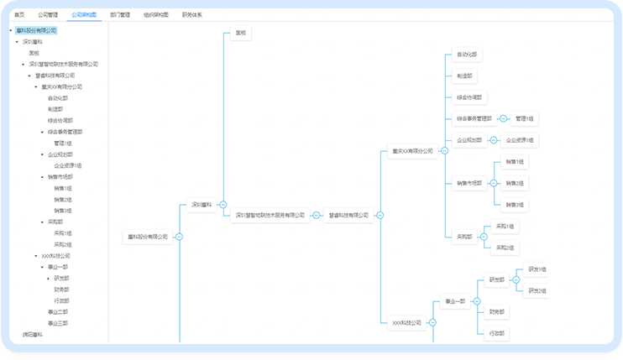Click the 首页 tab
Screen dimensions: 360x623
pyautogui.click(x=19, y=15)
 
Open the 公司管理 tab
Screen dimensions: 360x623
pyautogui.click(x=48, y=15)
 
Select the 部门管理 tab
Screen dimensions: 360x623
pyautogui.click(x=120, y=15)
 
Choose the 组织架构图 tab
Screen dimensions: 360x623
pyautogui.click(x=156, y=15)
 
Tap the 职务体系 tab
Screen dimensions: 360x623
pyautogui.click(x=192, y=15)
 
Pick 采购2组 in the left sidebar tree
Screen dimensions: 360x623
pyautogui.click(x=63, y=244)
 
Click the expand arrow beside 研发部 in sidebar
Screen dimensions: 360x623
pyautogui.click(x=49, y=278)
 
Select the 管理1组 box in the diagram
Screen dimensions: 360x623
pyautogui.click(x=526, y=119)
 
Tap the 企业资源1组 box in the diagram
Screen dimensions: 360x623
pyautogui.click(x=521, y=140)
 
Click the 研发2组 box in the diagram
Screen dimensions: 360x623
pyautogui.click(x=537, y=290)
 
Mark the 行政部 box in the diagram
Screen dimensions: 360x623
pyautogui.click(x=498, y=333)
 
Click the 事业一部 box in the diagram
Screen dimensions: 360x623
pyautogui.click(x=454, y=301)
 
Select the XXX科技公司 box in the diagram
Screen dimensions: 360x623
pyautogui.click(x=407, y=322)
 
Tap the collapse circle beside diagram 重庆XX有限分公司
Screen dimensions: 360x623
pyautogui.click(x=444, y=151)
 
